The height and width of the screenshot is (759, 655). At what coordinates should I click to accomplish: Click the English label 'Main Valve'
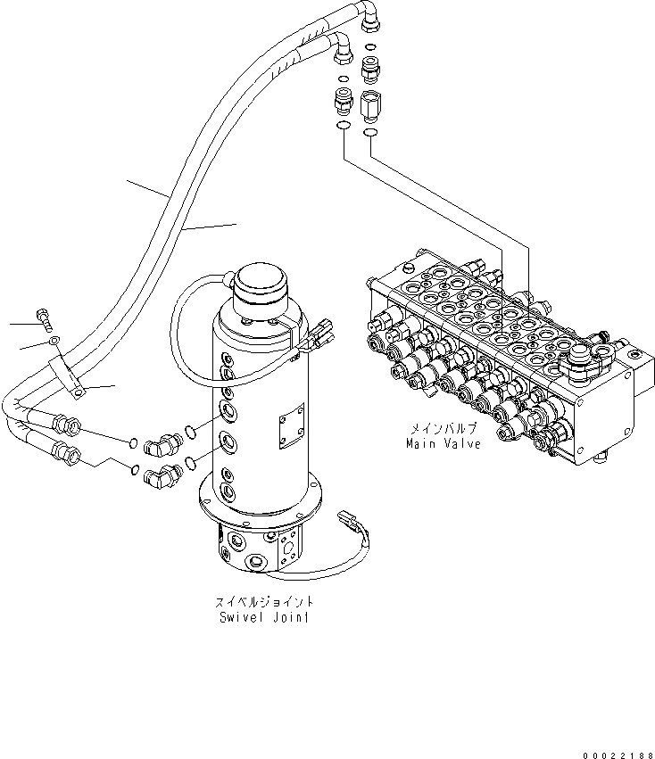(x=444, y=443)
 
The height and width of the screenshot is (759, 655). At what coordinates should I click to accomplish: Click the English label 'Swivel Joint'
(x=264, y=616)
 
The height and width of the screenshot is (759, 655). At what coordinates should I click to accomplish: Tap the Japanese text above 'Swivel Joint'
(x=264, y=602)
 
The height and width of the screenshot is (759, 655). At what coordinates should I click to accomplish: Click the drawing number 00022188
(x=616, y=753)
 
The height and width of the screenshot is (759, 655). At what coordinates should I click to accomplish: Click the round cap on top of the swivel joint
(x=261, y=285)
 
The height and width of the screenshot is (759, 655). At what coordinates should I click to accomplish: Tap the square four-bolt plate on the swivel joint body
(x=290, y=428)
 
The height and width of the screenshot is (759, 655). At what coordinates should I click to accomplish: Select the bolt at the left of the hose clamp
(x=44, y=316)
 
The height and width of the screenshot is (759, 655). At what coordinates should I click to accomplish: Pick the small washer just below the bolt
(x=53, y=342)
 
